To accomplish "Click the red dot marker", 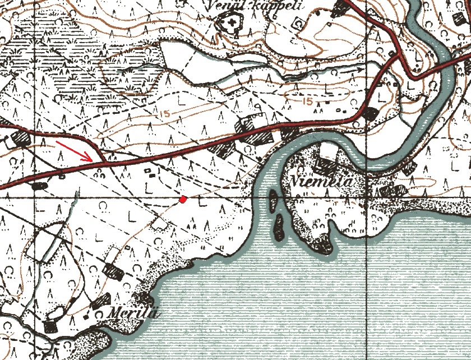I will [182, 199].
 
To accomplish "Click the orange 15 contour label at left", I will [164, 114].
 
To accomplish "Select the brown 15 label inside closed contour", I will [306, 101].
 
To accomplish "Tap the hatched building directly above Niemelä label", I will [324, 164].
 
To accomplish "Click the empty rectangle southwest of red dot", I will [161, 224].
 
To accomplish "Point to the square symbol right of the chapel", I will [299, 24].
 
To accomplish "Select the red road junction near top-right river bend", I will [400, 56].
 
